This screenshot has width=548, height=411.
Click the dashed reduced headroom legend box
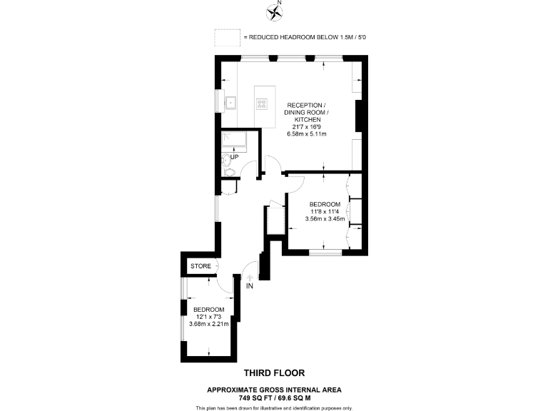pos(226,37)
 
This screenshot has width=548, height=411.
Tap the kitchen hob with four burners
pos(263,103)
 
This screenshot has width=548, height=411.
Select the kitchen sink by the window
pos(231,103)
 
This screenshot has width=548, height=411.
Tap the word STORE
pos(201,266)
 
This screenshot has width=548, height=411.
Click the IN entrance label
pos(250,286)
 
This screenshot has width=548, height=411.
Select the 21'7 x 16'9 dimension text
pos(306,127)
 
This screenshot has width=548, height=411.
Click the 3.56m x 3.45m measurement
pos(325,219)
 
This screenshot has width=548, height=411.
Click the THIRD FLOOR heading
pos(274,372)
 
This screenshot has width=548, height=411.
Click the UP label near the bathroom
pos(233,156)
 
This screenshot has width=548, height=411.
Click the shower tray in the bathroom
pos(233,140)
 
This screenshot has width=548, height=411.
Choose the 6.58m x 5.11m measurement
pos(306,134)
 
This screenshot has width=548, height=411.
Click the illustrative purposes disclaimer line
pos(274,407)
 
